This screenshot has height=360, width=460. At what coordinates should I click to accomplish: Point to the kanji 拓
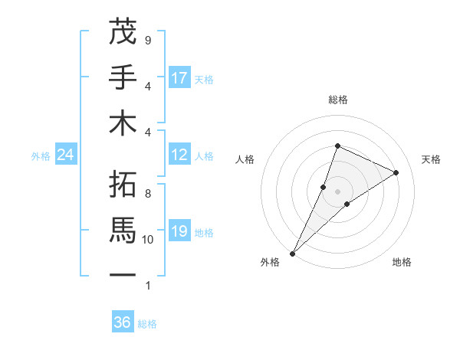[x=123, y=184]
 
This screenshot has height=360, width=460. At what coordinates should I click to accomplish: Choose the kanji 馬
[x=123, y=229]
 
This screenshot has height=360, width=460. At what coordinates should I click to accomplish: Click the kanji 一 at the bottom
[x=123, y=274]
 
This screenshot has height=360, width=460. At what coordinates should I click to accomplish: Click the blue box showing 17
[x=179, y=78]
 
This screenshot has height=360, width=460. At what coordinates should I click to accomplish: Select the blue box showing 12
[x=179, y=155]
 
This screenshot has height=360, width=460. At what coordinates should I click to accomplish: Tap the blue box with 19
[x=179, y=231]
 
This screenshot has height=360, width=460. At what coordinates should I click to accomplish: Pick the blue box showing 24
[x=66, y=155]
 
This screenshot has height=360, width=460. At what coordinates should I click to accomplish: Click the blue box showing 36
[x=123, y=322]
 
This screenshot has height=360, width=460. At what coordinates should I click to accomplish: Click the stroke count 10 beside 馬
[x=148, y=240]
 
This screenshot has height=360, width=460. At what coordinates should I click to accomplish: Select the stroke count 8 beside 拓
[x=148, y=194]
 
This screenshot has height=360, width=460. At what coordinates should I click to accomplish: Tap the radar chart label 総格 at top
[x=337, y=100]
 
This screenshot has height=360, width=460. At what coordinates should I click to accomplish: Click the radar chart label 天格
[x=432, y=159]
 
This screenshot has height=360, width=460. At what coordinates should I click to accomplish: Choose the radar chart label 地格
[x=402, y=263]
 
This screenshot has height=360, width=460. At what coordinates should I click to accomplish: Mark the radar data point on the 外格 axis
[x=292, y=253]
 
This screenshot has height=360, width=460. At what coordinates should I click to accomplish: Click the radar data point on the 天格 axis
[x=396, y=172]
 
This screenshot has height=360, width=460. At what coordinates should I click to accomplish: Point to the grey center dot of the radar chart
[x=337, y=191]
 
